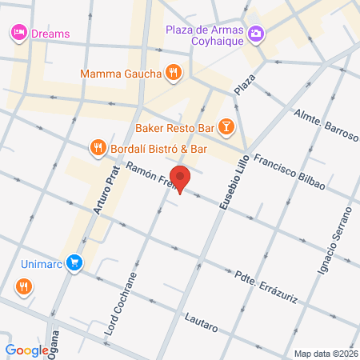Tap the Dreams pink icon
18,33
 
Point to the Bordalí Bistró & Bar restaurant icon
98,147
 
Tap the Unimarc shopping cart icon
74,262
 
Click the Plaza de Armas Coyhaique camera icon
256,33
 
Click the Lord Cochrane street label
120,305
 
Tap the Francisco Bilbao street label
289,170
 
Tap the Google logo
27,350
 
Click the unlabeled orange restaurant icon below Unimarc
24,286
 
